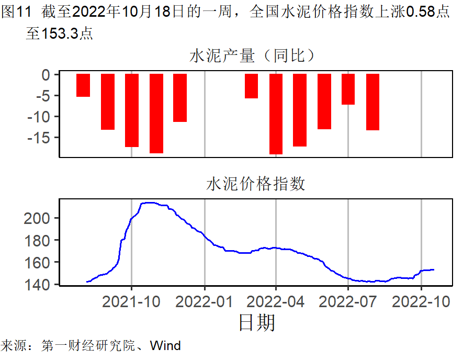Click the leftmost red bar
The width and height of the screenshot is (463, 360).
click(83, 85)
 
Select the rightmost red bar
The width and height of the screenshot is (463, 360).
click(372, 102)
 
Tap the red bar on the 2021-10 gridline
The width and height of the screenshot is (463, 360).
click(132, 110)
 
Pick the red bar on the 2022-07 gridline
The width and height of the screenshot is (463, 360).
click(348, 89)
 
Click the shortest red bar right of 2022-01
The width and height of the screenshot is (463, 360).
click(251, 86)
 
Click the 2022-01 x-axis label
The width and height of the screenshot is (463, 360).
click(204, 303)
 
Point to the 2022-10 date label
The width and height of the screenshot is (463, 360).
click(421, 303)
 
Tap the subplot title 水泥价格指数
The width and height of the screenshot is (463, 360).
click(256, 184)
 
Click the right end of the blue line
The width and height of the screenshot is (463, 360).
click(434, 269)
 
